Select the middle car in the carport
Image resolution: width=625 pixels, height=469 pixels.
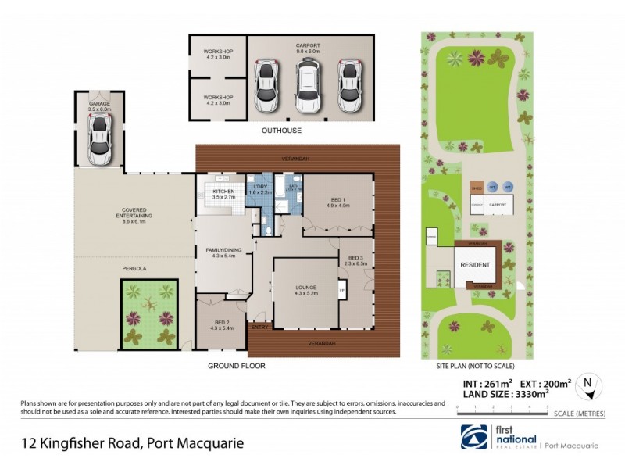click(x=308, y=85)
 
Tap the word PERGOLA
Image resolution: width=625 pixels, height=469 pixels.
click(x=134, y=269)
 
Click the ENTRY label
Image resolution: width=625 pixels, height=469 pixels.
click(x=259, y=327)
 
